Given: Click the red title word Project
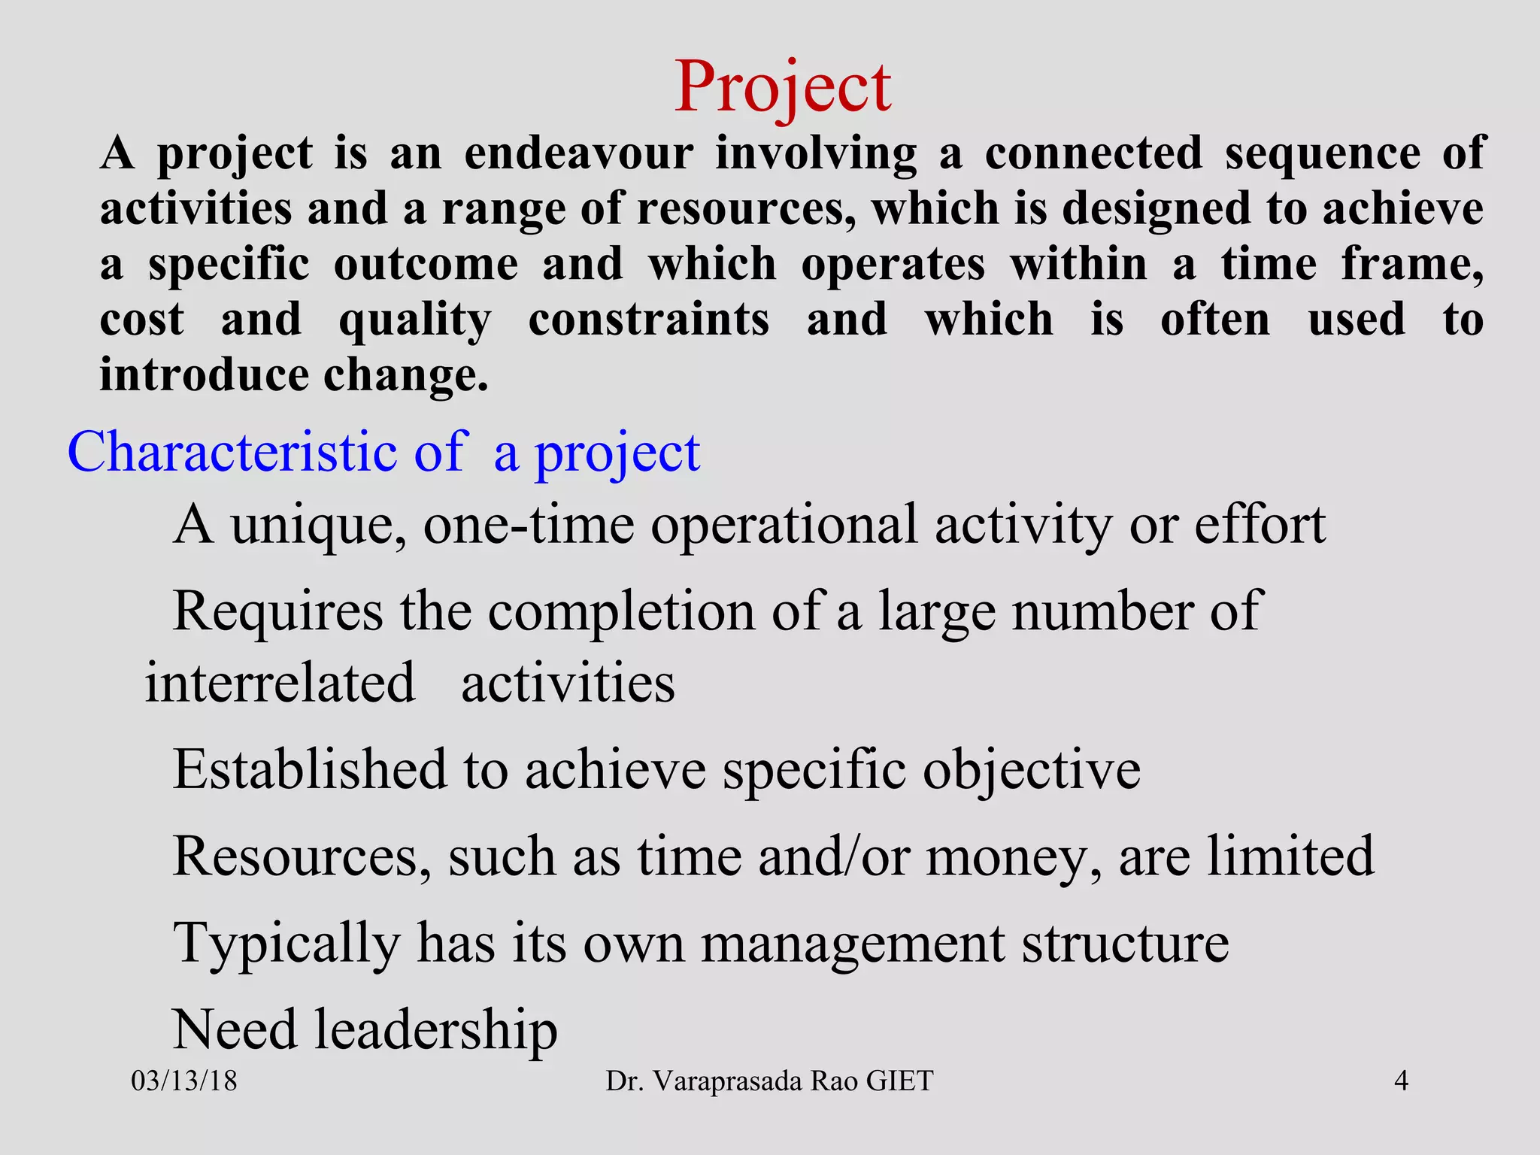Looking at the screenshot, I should click(x=782, y=89).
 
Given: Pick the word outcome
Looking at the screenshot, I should click(x=426, y=265).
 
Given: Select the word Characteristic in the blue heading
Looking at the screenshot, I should click(x=232, y=453).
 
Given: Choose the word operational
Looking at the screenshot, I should click(x=784, y=526).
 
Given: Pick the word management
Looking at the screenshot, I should click(x=853, y=944).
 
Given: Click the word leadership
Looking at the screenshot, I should click(x=435, y=1030).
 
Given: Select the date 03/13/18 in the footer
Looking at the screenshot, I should click(x=184, y=1081).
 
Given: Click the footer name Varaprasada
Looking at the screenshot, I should click(x=728, y=1081).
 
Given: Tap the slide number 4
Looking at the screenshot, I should click(x=1401, y=1081).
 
